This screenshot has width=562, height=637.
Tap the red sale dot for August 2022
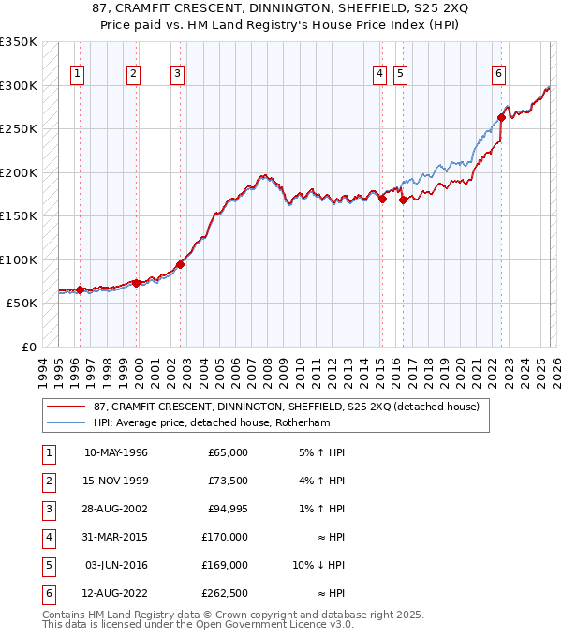[502, 118]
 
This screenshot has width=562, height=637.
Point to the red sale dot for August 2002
[180, 264]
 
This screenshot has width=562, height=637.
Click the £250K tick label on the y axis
[19, 128]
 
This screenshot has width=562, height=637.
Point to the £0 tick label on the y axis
[28, 347]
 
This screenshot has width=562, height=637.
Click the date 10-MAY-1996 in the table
[116, 452]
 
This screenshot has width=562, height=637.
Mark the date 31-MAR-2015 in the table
[116, 537]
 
